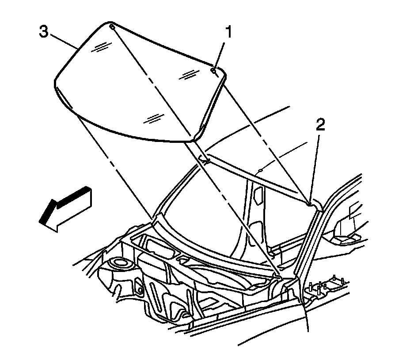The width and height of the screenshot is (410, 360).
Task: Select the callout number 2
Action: coord(320,125)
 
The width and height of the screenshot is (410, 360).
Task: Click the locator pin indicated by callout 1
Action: coord(213,70)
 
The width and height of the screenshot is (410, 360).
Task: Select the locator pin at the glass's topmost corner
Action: coord(111,27)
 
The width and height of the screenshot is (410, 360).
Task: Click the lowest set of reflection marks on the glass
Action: coord(153,118)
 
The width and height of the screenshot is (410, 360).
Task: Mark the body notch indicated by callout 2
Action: coord(311,203)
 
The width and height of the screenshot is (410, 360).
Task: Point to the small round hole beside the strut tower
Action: coord(140,290)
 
